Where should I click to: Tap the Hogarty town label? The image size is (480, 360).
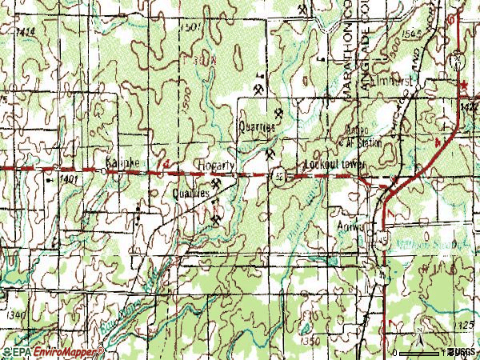pyautogui.click(x=216, y=166)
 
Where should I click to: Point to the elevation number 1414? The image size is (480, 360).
pyautogui.click(x=25, y=31)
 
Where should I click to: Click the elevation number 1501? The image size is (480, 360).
pyautogui.click(x=190, y=27)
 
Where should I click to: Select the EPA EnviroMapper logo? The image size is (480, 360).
pyautogui.click(x=52, y=352)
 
